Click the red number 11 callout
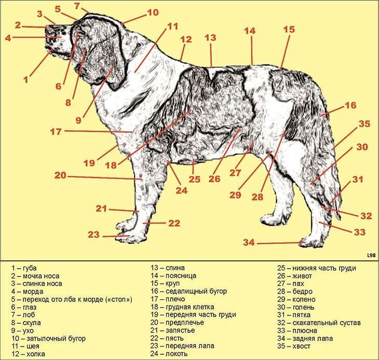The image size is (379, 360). pyautogui.click(x=172, y=26)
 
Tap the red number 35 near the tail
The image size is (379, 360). pyautogui.click(x=364, y=124)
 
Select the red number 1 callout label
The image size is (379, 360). pyautogui.click(x=26, y=80)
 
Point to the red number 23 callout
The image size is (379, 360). pyautogui.click(x=93, y=234)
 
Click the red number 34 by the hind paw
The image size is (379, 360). pyautogui.click(x=249, y=242)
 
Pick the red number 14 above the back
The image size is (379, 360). pyautogui.click(x=250, y=31)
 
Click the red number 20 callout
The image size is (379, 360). pyautogui.click(x=60, y=175)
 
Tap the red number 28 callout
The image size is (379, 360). pyautogui.click(x=257, y=197)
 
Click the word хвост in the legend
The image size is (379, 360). pyautogui.click(x=301, y=346)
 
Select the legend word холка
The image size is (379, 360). pyautogui.click(x=36, y=354)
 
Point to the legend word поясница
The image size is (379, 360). pyautogui.click(x=181, y=276)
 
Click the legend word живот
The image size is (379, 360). pyautogui.click(x=302, y=276)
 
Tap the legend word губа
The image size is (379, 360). pyautogui.click(x=30, y=268)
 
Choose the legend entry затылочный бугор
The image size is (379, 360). pyautogui.click(x=56, y=339)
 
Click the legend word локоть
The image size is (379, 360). pyautogui.click(x=177, y=354)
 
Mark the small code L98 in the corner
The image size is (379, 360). pyautogui.click(x=371, y=255)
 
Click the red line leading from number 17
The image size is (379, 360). pyautogui.click(x=98, y=131)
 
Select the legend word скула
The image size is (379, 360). pyautogui.click(x=32, y=323)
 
